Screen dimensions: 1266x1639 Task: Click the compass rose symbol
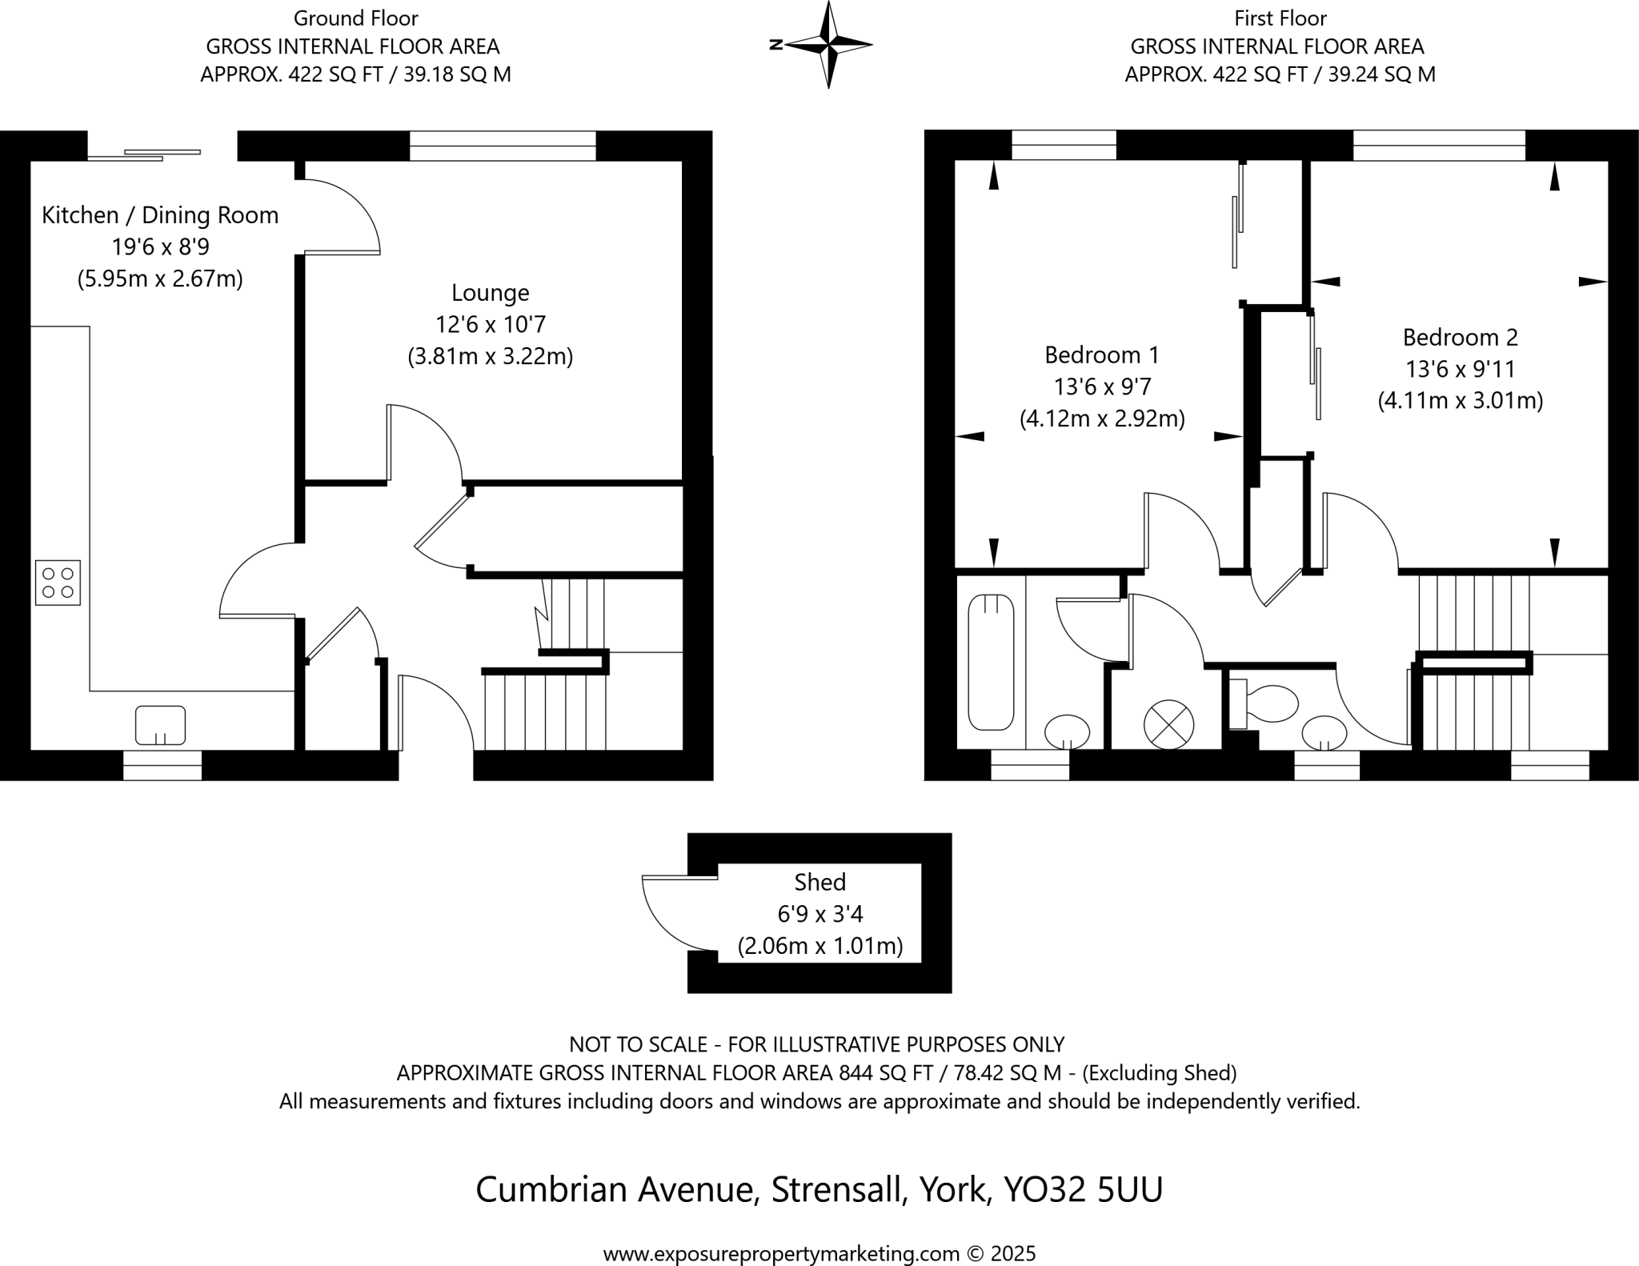tap(828, 44)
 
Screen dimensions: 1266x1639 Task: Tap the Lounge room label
tap(490, 293)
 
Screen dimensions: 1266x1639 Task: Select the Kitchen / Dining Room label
tap(160, 215)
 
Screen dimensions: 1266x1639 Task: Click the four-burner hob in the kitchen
tap(58, 583)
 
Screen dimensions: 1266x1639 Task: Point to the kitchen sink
tap(160, 725)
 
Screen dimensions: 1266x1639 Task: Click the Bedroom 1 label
tap(1101, 355)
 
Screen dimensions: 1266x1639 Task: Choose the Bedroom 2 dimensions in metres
tap(1460, 400)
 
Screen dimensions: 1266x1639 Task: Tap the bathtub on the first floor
tap(991, 662)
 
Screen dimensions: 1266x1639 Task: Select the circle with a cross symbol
tap(1168, 725)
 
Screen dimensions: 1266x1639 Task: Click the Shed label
tap(819, 882)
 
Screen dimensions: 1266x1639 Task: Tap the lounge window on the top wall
tap(503, 146)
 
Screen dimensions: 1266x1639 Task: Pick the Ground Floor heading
tap(355, 18)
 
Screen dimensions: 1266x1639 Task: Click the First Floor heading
tap(1280, 18)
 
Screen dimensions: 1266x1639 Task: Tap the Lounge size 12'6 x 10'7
tap(490, 324)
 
